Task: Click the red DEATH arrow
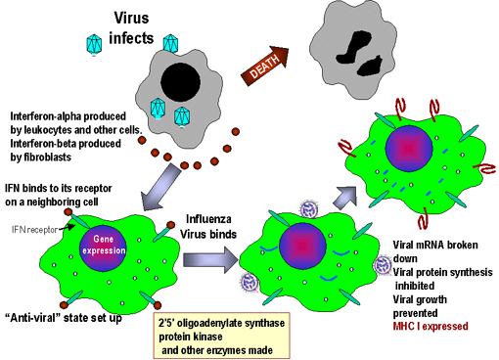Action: (x=265, y=66)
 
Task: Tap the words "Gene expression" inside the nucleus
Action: (x=104, y=245)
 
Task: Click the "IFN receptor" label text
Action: (x=34, y=230)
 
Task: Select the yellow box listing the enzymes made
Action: (x=221, y=336)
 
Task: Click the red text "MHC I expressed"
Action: (x=431, y=326)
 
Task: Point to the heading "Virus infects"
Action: (x=131, y=28)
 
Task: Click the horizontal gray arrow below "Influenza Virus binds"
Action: (x=211, y=259)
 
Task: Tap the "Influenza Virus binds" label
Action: (x=208, y=227)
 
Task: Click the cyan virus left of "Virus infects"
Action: (x=94, y=44)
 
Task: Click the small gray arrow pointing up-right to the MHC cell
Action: (x=345, y=197)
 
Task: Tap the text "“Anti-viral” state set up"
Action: (x=64, y=318)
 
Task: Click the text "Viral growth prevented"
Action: (x=420, y=306)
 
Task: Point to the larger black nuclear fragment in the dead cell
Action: (x=354, y=48)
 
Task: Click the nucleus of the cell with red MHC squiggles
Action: (x=409, y=148)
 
